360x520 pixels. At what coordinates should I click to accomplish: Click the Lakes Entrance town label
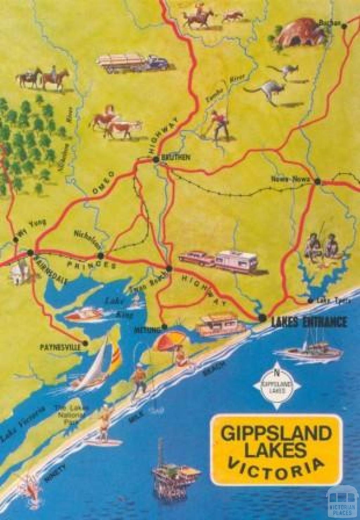(308, 321)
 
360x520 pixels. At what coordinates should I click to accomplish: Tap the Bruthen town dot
(156, 160)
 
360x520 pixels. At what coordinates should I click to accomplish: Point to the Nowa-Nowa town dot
(318, 182)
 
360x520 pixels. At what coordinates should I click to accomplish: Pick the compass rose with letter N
(277, 385)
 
